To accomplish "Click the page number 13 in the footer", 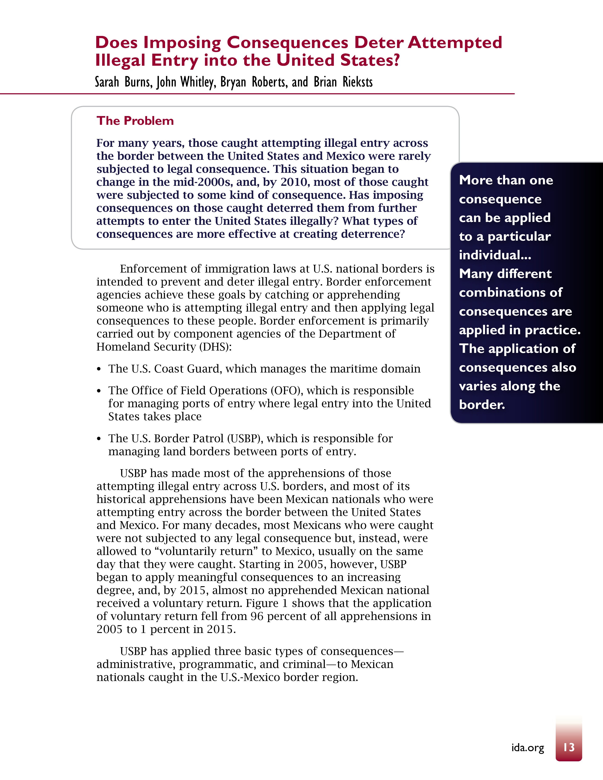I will coord(569,747).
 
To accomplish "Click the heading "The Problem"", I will coord(135,121).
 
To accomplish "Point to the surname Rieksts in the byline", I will coord(358,82).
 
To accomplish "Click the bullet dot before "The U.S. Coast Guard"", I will coord(99,369).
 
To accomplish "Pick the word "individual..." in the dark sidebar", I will coord(495,255).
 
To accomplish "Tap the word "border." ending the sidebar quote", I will coord(482,405).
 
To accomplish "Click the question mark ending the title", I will coord(395,60).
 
